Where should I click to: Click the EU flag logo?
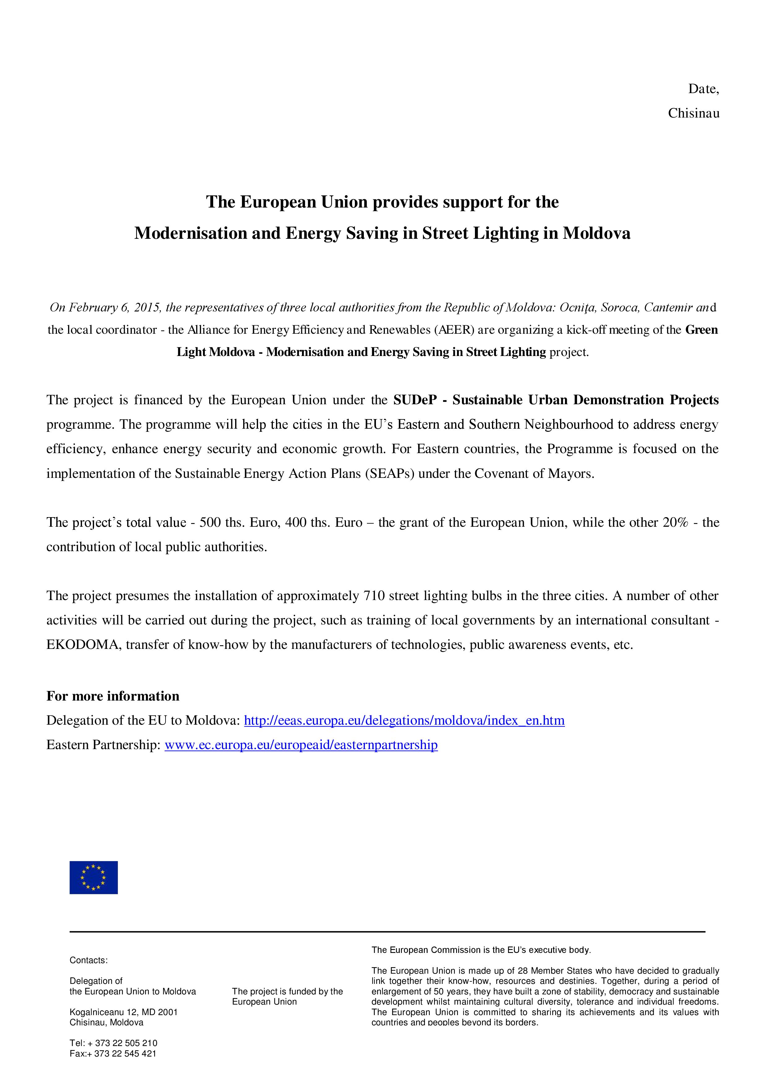[x=93, y=877]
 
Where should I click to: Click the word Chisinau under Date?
[x=693, y=114]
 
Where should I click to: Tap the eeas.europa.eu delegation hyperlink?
[x=404, y=721]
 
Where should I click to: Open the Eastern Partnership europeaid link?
[x=301, y=745]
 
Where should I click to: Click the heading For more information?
[x=113, y=696]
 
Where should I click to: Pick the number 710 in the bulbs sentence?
[x=373, y=596]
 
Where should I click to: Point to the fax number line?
[x=113, y=1054]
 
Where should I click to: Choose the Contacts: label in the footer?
[x=88, y=960]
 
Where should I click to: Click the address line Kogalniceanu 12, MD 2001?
[x=123, y=1012]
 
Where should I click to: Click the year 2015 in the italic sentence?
[x=147, y=308]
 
